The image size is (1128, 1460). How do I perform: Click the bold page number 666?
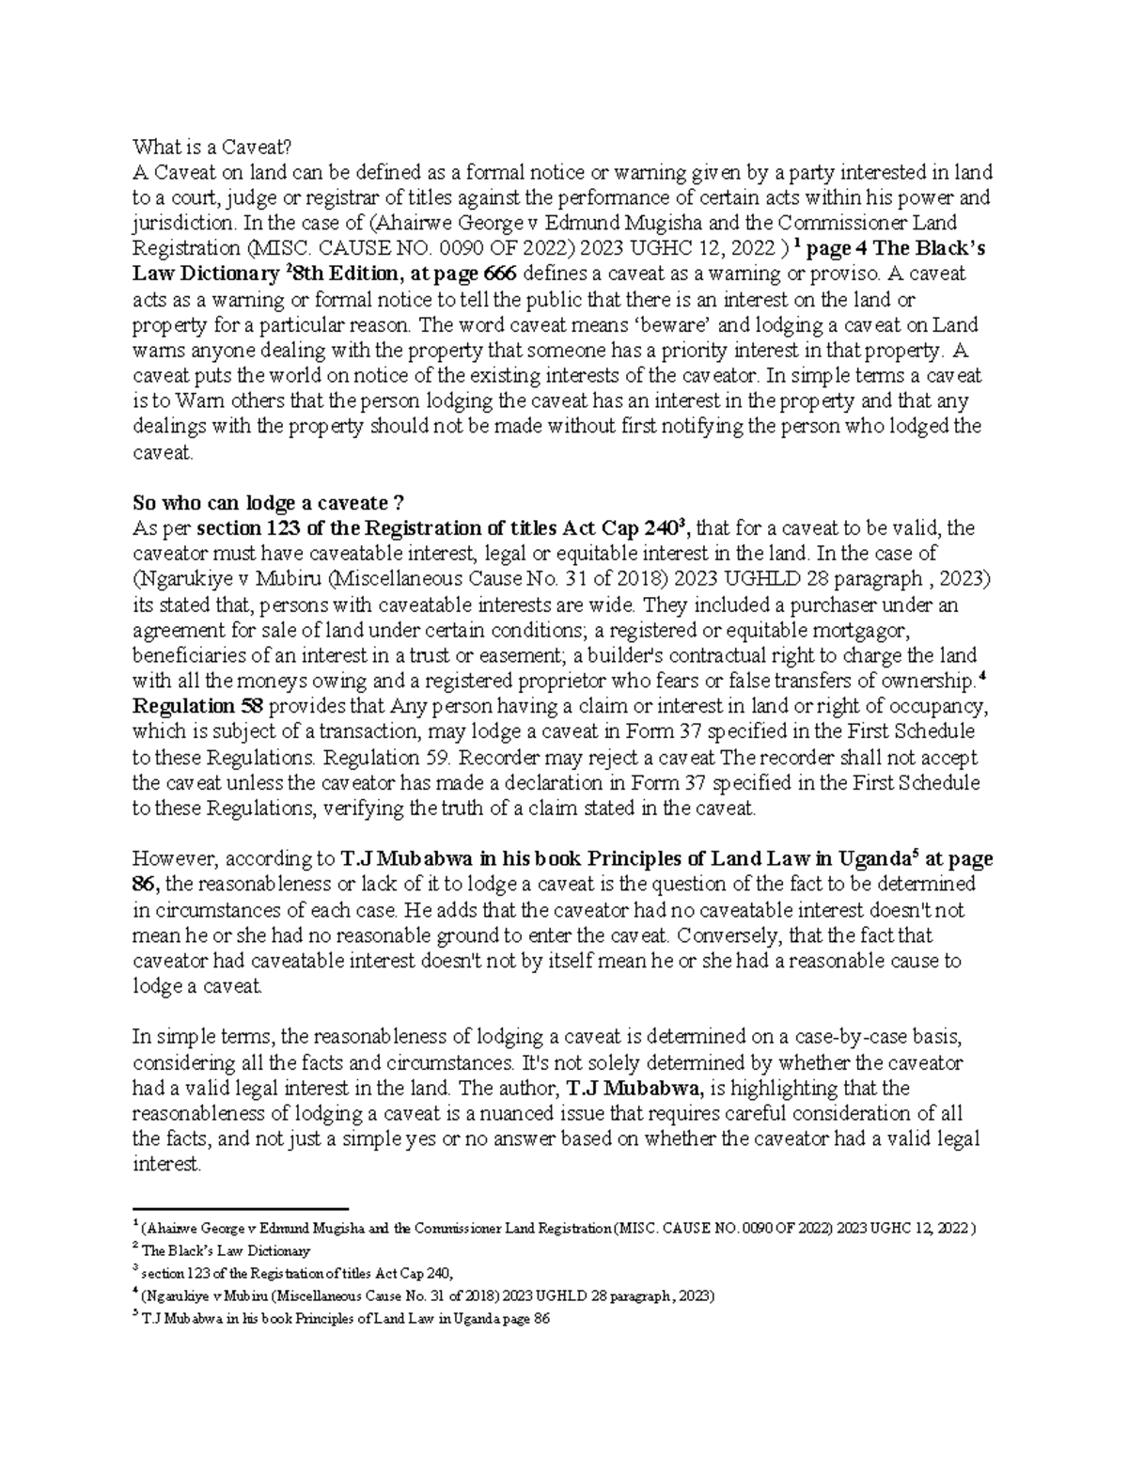point(498,275)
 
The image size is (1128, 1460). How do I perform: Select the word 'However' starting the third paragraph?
point(167,859)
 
